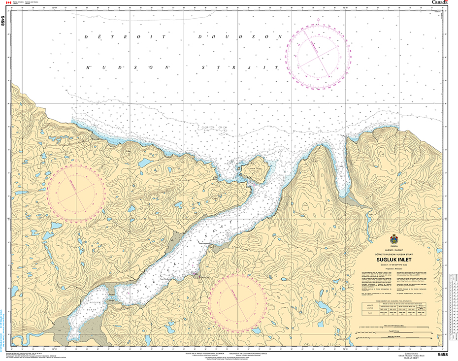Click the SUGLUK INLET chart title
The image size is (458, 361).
(x=394, y=261)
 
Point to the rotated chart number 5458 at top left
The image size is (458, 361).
(x=4, y=21)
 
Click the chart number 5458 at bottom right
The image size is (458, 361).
(x=442, y=354)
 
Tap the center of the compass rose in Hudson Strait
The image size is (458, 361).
(x=319, y=51)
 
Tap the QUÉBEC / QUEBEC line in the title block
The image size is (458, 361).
(x=394, y=250)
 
